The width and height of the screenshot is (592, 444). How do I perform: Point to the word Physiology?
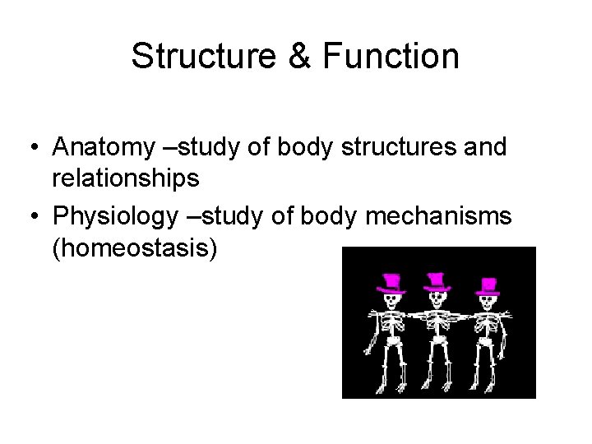click(113, 216)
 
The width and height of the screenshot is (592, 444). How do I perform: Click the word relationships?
click(125, 177)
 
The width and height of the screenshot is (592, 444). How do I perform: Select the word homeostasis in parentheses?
click(134, 246)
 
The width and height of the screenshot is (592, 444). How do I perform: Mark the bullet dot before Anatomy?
click(32, 148)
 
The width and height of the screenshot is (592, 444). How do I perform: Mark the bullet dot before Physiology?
click(32, 217)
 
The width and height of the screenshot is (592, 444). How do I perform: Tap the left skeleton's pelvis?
click(391, 344)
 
